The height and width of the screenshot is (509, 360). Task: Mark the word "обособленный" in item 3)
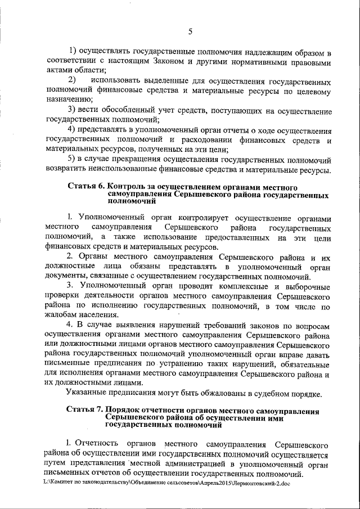[x=123, y=109]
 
